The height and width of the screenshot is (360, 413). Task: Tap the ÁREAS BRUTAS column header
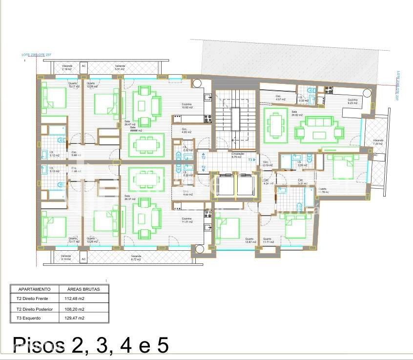click(x=83, y=289)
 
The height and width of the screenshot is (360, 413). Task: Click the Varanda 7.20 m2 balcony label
click(x=378, y=142)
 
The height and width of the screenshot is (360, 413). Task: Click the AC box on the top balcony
click(x=83, y=66)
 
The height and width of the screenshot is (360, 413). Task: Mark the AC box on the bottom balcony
click(x=83, y=259)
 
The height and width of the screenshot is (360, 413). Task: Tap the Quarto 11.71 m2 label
click(x=269, y=240)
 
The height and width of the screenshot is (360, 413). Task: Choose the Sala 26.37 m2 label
click(x=129, y=198)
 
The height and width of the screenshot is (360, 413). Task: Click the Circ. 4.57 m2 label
click(x=280, y=98)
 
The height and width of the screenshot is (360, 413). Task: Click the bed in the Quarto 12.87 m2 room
click(x=227, y=228)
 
